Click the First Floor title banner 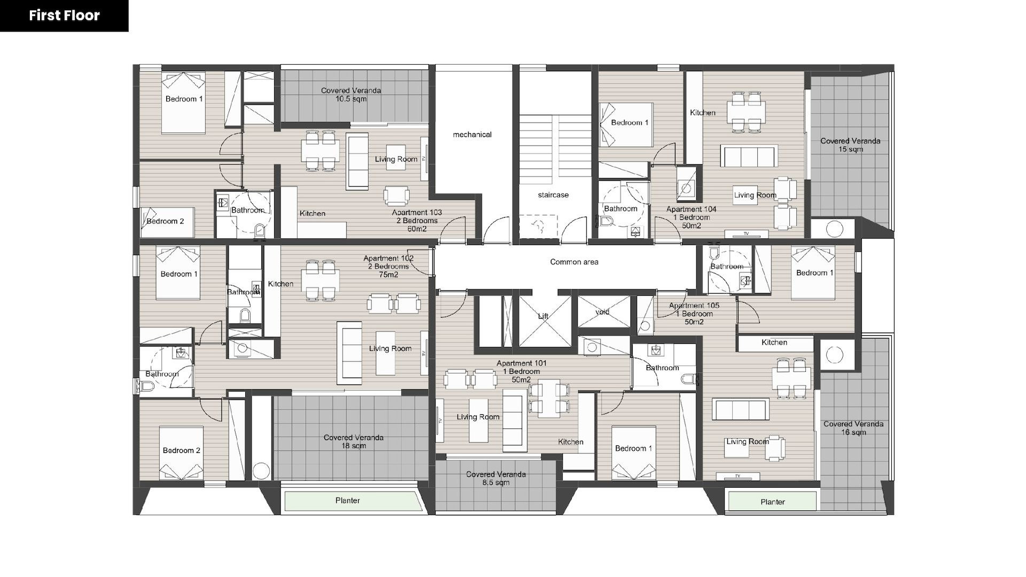64,16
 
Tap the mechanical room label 472,135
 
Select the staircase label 553,195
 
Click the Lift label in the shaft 543,316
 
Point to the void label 602,312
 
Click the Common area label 574,262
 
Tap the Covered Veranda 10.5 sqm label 351,95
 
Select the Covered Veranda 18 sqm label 353,442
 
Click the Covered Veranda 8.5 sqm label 496,479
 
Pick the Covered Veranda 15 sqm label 850,145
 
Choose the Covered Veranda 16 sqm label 853,428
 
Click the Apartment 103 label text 417,221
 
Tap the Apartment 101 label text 522,372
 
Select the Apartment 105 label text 694,314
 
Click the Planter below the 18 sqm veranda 348,501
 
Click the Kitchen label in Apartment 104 703,113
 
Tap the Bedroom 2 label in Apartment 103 165,221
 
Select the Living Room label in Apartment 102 390,349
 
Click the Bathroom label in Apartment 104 620,209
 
